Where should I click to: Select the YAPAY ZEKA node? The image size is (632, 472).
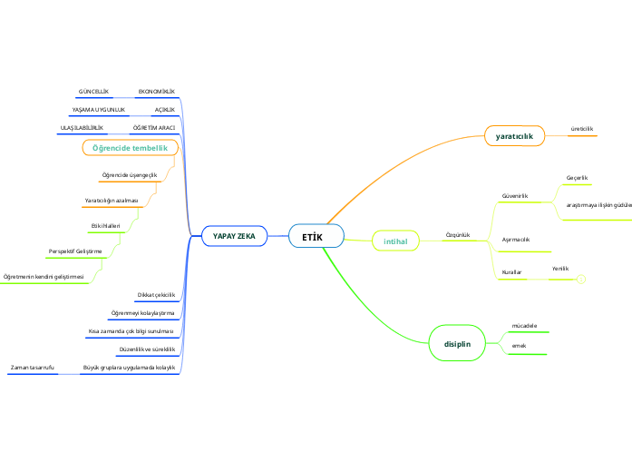click(x=234, y=236)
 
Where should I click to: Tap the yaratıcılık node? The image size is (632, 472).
click(x=514, y=136)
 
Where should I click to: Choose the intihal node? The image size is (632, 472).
click(x=395, y=241)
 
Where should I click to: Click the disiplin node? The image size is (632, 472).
click(x=457, y=344)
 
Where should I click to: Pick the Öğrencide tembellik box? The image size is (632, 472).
click(x=131, y=148)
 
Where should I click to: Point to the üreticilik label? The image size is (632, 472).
click(x=581, y=129)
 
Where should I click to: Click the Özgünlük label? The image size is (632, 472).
click(x=458, y=234)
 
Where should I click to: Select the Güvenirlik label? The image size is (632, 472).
click(x=515, y=196)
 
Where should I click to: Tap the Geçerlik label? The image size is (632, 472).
click(x=578, y=177)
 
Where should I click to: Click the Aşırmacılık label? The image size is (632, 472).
click(x=515, y=240)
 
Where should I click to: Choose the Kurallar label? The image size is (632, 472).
click(x=511, y=272)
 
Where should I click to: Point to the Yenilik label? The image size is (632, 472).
click(x=560, y=269)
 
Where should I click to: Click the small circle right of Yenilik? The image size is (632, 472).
click(x=581, y=279)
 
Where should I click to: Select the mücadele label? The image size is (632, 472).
click(x=525, y=325)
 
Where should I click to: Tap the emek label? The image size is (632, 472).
click(x=520, y=346)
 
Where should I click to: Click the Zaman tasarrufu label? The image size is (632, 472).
click(x=33, y=367)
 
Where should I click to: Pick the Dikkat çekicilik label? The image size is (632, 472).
click(x=155, y=295)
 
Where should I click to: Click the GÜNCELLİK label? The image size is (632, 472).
click(x=93, y=92)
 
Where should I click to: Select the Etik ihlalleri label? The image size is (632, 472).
click(x=106, y=225)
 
